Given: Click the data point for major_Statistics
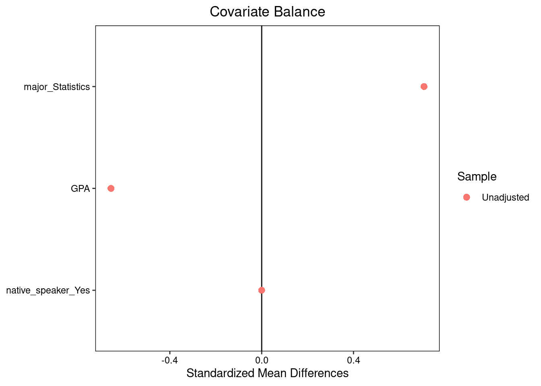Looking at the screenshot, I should pyautogui.click(x=424, y=86).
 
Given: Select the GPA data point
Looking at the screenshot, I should pyautogui.click(x=111, y=188).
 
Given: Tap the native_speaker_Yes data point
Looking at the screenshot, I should pyautogui.click(x=262, y=290).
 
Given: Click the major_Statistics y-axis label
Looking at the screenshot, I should pyautogui.click(x=57, y=87).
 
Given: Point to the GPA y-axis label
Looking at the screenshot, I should pyautogui.click(x=80, y=189).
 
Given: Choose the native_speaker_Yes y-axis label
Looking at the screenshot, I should pyautogui.click(x=48, y=290).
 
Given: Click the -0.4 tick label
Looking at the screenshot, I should pyautogui.click(x=169, y=359).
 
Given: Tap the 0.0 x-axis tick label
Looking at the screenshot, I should pyautogui.click(x=262, y=359).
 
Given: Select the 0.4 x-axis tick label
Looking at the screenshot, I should pyautogui.click(x=353, y=359).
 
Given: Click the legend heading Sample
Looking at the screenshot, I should pyautogui.click(x=477, y=177).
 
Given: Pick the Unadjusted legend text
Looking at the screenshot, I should pyautogui.click(x=505, y=197).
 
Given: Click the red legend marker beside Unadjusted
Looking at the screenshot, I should pyautogui.click(x=467, y=197).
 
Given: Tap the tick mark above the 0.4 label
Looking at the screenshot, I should pyautogui.click(x=353, y=352).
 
